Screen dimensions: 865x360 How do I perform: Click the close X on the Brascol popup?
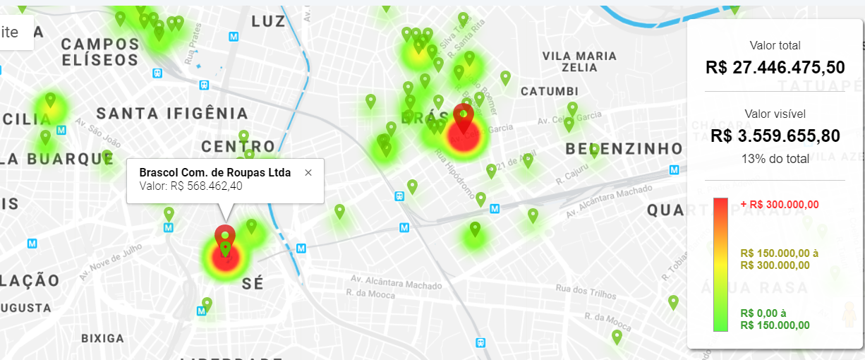(x=308, y=173)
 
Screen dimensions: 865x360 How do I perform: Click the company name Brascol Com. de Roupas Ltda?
(x=215, y=172)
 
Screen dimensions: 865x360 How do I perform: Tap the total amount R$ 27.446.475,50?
(x=775, y=68)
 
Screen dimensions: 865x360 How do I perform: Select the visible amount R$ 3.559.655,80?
(x=775, y=136)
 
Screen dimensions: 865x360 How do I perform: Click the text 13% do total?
(x=775, y=159)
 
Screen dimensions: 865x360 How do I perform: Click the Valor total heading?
(x=775, y=46)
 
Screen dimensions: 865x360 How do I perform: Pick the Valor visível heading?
(x=775, y=114)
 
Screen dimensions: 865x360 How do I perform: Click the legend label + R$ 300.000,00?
(x=780, y=204)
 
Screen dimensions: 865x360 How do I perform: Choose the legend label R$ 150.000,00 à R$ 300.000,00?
(x=774, y=259)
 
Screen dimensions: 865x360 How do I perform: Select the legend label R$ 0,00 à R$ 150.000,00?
(x=774, y=319)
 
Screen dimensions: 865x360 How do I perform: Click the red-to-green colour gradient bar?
(x=720, y=264)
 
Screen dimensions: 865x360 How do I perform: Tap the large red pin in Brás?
(x=464, y=117)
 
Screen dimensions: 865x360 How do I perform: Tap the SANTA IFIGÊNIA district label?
(x=172, y=113)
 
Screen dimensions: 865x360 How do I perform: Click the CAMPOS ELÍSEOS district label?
(x=100, y=52)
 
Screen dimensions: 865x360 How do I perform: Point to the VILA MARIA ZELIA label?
(x=579, y=61)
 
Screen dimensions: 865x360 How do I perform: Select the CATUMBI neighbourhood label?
(x=549, y=92)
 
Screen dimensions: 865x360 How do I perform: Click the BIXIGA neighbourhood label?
(x=102, y=338)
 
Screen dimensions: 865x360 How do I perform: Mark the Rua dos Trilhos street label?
(x=583, y=287)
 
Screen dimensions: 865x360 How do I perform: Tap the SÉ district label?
(x=253, y=284)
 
